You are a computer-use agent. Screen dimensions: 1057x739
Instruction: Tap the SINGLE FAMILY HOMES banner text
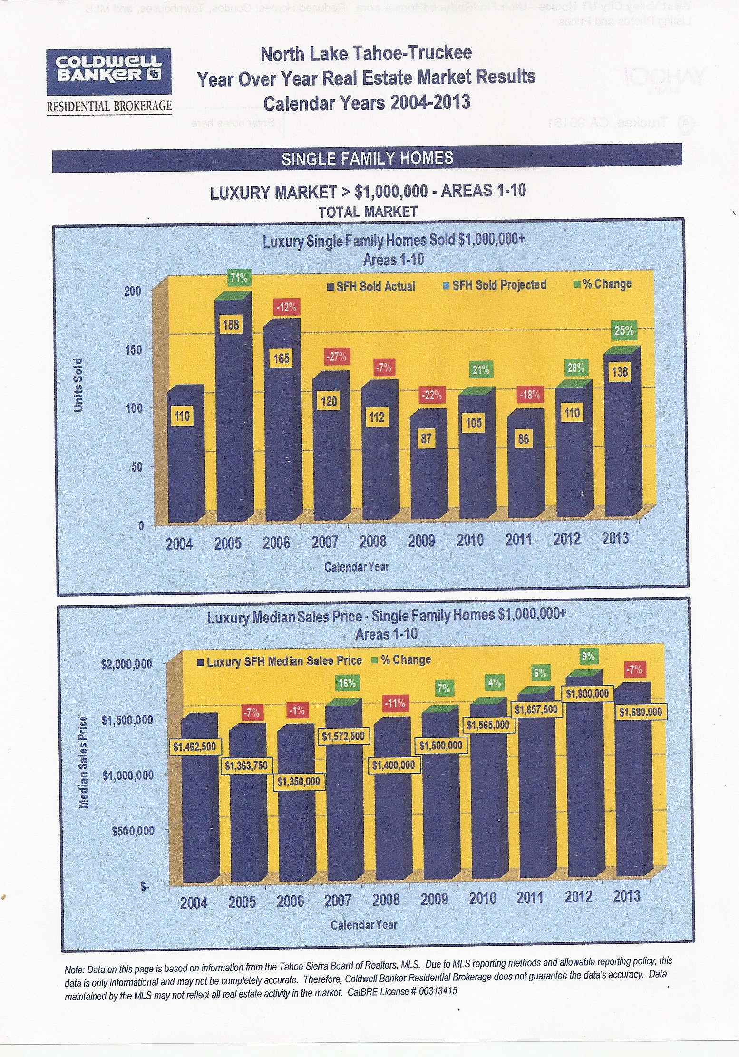click(367, 158)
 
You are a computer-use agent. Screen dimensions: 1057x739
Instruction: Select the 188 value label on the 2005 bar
click(231, 325)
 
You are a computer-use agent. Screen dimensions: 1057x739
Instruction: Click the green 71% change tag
click(239, 278)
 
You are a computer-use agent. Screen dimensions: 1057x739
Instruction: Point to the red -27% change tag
click(336, 356)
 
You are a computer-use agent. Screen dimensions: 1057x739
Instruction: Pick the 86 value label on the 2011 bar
click(523, 438)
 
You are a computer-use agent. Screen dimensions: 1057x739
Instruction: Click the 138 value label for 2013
click(620, 372)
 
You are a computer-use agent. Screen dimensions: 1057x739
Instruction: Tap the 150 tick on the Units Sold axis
click(133, 349)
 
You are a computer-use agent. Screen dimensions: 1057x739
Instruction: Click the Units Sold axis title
click(78, 385)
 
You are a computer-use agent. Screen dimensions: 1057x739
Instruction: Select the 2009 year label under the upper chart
click(421, 541)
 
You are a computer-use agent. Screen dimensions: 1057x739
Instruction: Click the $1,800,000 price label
click(587, 694)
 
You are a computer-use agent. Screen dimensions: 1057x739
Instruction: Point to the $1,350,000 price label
click(298, 782)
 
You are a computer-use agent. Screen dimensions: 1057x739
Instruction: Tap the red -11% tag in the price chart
click(395, 703)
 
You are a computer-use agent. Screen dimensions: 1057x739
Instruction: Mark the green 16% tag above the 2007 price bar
click(347, 683)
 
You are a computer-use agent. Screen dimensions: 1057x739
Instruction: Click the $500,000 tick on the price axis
click(133, 831)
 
